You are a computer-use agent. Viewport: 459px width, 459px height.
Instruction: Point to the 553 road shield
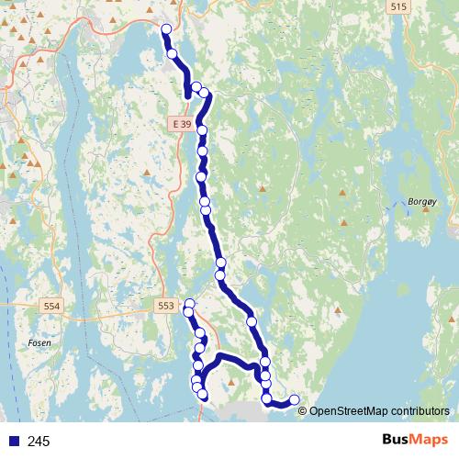(x=166, y=306)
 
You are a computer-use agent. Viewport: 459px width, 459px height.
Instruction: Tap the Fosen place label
(x=39, y=342)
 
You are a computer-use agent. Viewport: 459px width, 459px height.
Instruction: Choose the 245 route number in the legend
(x=39, y=442)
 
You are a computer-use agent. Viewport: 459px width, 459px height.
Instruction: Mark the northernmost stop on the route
(x=166, y=29)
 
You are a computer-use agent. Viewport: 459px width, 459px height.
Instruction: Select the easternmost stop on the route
(x=295, y=399)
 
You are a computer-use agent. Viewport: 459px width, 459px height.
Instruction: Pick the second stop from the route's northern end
(x=173, y=54)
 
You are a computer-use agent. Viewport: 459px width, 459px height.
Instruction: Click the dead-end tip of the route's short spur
(x=188, y=91)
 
